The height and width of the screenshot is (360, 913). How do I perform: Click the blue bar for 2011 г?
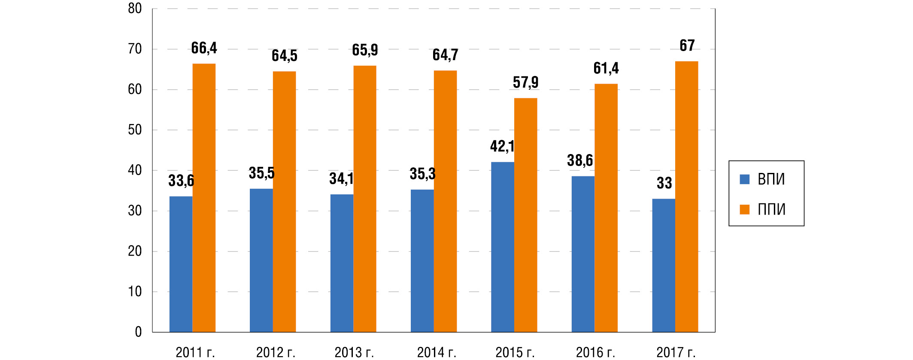181,264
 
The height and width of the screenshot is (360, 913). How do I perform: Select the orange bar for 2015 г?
525,215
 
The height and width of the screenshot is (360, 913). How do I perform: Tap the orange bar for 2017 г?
686,197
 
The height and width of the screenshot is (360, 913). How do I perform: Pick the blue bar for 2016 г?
583,254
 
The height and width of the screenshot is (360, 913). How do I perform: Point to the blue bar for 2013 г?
342,263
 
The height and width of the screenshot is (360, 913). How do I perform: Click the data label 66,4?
204,48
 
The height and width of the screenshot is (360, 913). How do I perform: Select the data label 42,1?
502,147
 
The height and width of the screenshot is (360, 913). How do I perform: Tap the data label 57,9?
525,82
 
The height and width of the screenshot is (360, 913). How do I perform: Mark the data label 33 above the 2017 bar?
664,183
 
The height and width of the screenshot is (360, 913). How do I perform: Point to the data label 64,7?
445,55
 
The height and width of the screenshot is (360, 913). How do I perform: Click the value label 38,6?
580,161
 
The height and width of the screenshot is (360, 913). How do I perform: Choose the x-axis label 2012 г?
276,353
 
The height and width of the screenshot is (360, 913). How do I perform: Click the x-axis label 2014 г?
437,353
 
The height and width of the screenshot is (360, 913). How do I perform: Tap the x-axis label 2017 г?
676,353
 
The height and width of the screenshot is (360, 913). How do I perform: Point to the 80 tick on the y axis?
135,9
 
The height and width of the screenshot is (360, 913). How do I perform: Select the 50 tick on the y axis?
135,130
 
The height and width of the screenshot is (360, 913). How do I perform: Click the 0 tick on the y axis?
138,332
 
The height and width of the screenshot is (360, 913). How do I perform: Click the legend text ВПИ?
771,179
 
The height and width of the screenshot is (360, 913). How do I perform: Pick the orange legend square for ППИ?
745,209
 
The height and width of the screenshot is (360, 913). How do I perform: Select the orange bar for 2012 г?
284,202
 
